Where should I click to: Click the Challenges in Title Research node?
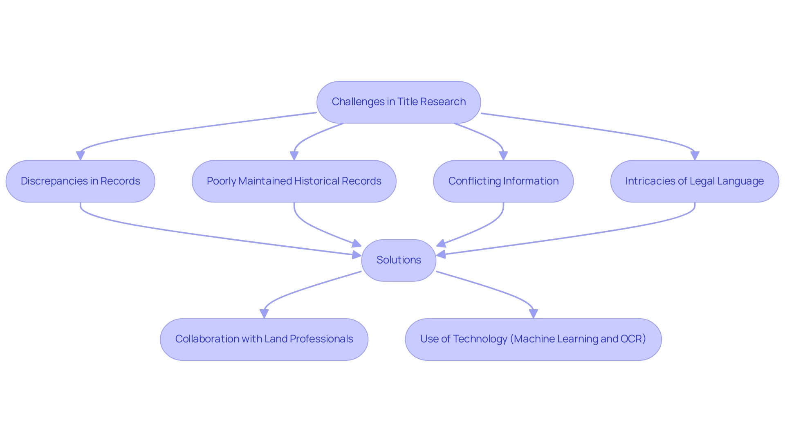pos(399,102)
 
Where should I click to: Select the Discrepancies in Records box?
pos(80,181)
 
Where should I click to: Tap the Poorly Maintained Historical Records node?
pos(294,181)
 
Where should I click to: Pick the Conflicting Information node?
pos(503,181)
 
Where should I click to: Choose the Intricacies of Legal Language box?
pos(695,181)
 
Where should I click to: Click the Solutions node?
pos(399,260)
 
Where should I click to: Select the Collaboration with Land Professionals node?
pos(264,339)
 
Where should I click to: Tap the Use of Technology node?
pos(533,339)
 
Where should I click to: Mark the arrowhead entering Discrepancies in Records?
pos(81,156)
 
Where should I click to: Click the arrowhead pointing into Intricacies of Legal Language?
pos(695,156)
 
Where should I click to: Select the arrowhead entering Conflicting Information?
pos(503,156)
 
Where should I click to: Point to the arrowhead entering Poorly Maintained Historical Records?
pos(294,156)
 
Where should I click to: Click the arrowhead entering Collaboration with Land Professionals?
pos(264,314)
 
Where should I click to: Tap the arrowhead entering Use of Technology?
pos(533,314)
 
